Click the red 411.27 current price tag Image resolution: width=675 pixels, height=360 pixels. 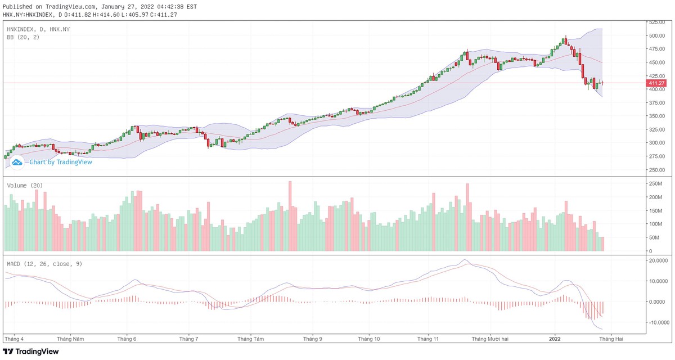click(x=657, y=83)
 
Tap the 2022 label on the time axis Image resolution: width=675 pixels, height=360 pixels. click(x=555, y=339)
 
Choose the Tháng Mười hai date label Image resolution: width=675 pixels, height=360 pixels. click(x=490, y=339)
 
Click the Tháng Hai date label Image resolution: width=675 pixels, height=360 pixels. click(x=611, y=339)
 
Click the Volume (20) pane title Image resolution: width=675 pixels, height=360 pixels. click(x=25, y=185)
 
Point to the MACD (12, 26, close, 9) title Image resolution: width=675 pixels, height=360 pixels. click(x=44, y=263)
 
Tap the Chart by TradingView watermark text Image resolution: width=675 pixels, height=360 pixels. click(x=60, y=162)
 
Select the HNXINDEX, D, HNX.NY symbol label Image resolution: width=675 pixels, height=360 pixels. click(x=38, y=29)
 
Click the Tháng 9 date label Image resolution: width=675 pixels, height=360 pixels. click(x=313, y=339)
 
